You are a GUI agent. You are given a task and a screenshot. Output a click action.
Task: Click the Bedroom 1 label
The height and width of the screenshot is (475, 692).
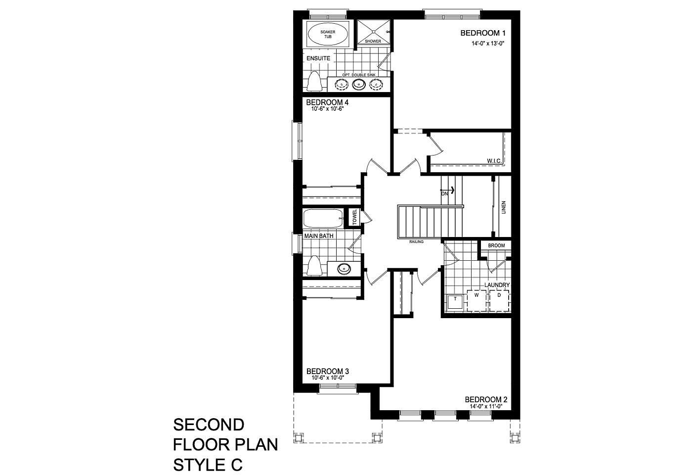click(483, 33)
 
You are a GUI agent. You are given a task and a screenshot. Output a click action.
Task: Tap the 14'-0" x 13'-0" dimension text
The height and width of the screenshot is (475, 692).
click(487, 44)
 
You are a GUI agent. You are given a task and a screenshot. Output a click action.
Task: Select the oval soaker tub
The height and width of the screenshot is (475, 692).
click(328, 34)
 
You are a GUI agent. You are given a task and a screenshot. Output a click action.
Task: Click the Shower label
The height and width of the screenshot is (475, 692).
click(373, 41)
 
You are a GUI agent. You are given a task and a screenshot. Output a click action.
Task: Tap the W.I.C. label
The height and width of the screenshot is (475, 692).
click(494, 161)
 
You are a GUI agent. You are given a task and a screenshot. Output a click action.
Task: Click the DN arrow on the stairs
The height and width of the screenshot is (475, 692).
click(448, 190)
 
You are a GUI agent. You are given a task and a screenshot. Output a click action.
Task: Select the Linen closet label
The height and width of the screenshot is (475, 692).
click(504, 207)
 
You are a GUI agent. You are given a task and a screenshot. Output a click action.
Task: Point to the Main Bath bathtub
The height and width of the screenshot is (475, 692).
click(323, 219)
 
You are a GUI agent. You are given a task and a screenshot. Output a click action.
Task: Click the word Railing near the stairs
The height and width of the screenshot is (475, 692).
click(416, 241)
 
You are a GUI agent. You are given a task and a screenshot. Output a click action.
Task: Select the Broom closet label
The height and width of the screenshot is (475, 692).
click(496, 245)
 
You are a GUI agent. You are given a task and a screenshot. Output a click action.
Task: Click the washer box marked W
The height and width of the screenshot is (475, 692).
click(476, 301)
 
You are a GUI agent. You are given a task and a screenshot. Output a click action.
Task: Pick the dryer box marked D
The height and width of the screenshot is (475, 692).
click(499, 301)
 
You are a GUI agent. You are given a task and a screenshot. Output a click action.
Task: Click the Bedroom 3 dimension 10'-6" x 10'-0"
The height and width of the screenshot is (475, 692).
click(328, 378)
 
